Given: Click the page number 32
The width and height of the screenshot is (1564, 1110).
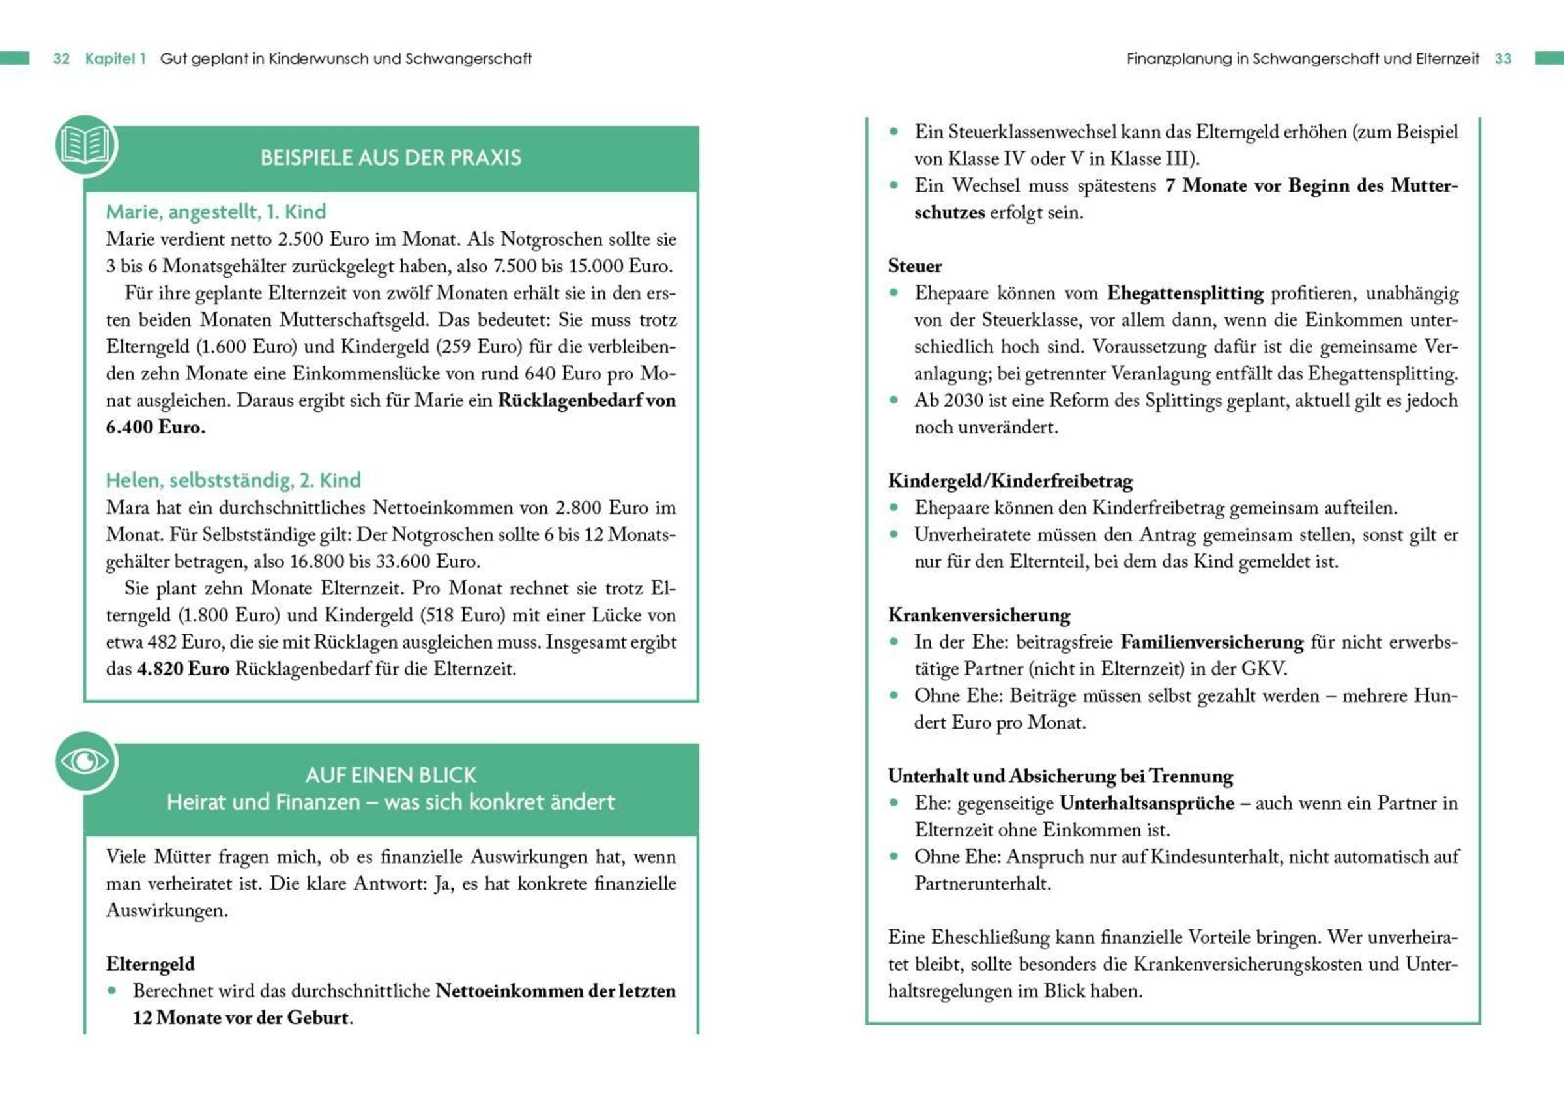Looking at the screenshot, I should pyautogui.click(x=61, y=59).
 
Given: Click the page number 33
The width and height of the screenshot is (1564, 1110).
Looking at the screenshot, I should pyautogui.click(x=1503, y=59).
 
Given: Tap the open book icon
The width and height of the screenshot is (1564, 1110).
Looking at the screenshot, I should pyautogui.click(x=85, y=145).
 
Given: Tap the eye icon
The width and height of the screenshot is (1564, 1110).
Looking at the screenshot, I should pyautogui.click(x=85, y=761).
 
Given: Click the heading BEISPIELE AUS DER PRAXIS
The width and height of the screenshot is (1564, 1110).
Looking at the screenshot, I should pyautogui.click(x=391, y=158).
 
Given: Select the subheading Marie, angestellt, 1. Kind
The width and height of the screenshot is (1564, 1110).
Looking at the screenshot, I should pyautogui.click(x=216, y=212).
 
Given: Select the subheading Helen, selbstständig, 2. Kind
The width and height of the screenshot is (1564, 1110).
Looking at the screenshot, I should pyautogui.click(x=233, y=480).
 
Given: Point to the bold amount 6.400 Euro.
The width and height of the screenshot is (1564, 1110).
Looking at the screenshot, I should pyautogui.click(x=156, y=428).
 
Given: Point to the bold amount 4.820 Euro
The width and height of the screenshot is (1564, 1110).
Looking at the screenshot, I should pyautogui.click(x=183, y=669).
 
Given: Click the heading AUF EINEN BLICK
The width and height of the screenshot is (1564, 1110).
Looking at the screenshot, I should pyautogui.click(x=391, y=775).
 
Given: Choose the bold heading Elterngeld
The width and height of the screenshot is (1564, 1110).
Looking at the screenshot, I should pyautogui.click(x=151, y=964).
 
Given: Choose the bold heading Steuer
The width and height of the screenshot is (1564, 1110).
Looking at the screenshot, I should pyautogui.click(x=915, y=266).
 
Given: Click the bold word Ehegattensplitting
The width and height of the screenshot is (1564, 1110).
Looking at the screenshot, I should pyautogui.click(x=1185, y=293).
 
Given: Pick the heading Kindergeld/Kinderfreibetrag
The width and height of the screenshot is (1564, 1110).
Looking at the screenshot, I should pyautogui.click(x=1011, y=481).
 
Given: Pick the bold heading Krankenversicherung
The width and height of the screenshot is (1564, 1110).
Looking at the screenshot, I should pyautogui.click(x=979, y=615).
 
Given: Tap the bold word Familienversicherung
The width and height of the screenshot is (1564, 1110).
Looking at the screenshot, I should pyautogui.click(x=1212, y=642).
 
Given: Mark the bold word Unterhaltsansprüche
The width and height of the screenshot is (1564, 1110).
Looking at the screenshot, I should pyautogui.click(x=1146, y=803).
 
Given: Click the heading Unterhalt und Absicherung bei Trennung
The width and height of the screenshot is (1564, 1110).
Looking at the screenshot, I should pyautogui.click(x=1060, y=776).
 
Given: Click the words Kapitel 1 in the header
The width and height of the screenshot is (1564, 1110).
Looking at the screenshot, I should pyautogui.click(x=115, y=59).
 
